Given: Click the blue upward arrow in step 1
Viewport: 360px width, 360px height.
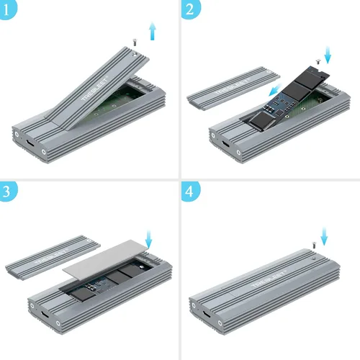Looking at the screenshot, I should (x=150, y=32).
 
